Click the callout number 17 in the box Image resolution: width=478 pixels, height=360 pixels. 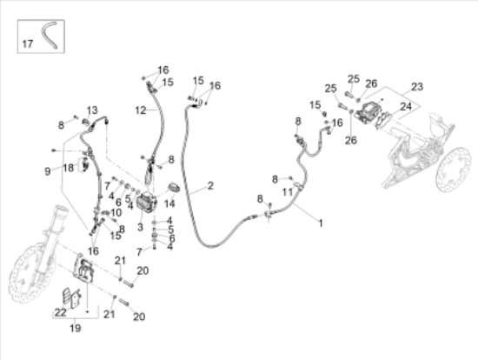tap(28, 44)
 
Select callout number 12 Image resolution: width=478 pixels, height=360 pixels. tap(141, 110)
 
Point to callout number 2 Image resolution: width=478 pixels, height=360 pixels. tap(210, 185)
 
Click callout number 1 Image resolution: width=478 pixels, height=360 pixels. tap(321, 223)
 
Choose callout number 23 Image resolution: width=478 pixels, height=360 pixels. tap(417, 87)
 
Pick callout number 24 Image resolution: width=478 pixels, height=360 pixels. tap(406, 107)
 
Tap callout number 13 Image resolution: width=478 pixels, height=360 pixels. tap(92, 110)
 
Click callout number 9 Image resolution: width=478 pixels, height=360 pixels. tap(48, 171)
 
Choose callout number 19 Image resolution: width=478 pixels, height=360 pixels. tap(76, 329)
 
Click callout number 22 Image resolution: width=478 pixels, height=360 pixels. tap(60, 312)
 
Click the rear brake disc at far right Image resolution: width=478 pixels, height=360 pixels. tap(456, 170)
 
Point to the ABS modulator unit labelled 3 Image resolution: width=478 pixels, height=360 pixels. tap(146, 203)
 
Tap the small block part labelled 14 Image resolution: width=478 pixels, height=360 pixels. tap(174, 187)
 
